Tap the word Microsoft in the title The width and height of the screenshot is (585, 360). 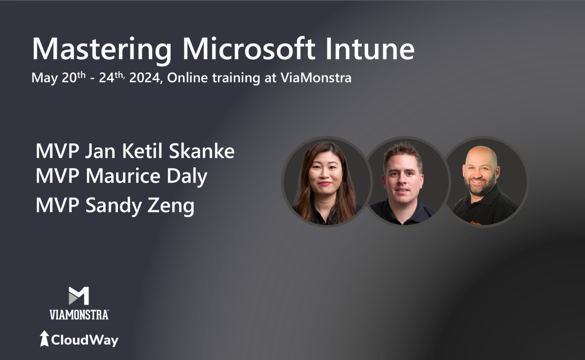tap(249, 49)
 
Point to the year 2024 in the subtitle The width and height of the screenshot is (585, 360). tap(144, 78)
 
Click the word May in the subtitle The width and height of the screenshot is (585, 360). tap(45, 78)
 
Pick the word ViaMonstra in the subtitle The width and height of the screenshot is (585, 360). tap(316, 78)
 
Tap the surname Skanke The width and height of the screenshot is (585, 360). tap(201, 151)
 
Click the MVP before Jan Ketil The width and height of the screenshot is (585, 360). tap(57, 151)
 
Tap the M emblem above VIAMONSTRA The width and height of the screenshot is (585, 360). tap(79, 296)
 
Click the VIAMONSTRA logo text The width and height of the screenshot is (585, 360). tap(79, 315)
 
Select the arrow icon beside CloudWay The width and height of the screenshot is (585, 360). tap(45, 338)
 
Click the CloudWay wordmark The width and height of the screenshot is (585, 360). tap(85, 340)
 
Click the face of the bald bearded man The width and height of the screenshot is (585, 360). tap(481, 171)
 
